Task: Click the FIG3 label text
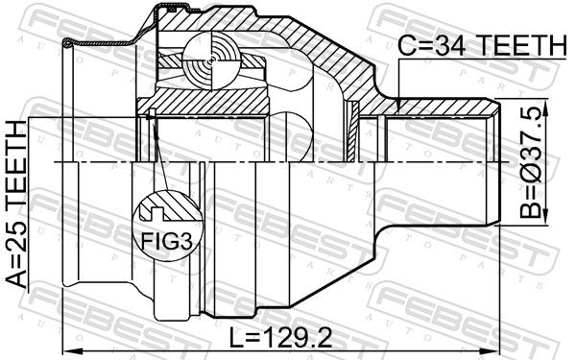(167, 241)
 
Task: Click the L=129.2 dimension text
(280, 338)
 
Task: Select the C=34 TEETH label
(482, 45)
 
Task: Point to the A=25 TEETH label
(17, 204)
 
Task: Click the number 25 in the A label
(17, 234)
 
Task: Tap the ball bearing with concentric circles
(213, 61)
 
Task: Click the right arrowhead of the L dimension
(493, 350)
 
